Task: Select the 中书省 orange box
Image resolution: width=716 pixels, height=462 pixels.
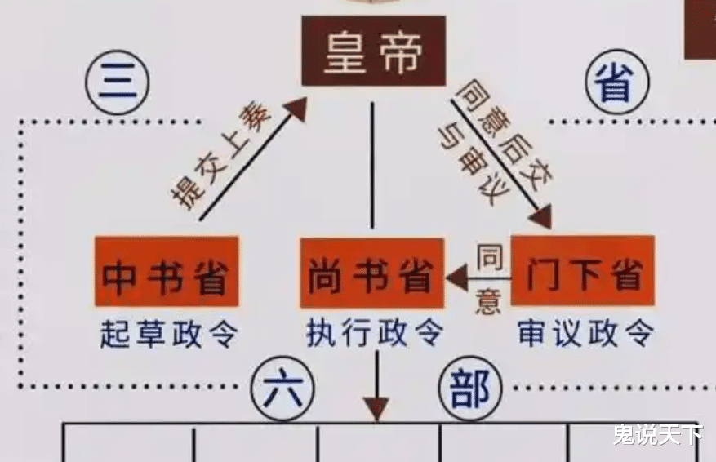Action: (166, 272)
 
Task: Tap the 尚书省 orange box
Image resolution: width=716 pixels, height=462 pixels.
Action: (371, 274)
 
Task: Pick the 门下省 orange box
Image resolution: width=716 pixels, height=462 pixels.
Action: (582, 271)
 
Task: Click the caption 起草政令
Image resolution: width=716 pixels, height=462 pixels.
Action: (166, 332)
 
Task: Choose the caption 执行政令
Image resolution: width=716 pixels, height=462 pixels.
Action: (374, 332)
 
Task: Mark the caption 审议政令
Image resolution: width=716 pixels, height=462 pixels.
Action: (585, 332)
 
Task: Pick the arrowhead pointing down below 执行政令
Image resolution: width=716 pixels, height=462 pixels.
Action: (376, 407)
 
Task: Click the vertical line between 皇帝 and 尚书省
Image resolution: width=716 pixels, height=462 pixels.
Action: (372, 163)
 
